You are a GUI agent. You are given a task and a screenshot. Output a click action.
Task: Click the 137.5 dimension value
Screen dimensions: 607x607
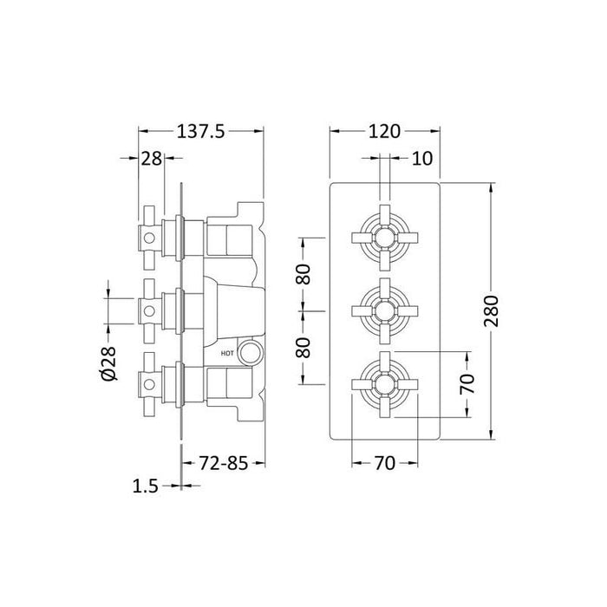201,132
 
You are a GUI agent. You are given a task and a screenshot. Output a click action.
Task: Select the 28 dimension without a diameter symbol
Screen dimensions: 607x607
151,159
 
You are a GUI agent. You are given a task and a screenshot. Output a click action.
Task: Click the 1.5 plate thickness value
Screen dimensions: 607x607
147,486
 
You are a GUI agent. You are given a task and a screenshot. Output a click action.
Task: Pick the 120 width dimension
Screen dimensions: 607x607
384,132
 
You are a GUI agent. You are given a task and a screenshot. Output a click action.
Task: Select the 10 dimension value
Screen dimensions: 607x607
422,159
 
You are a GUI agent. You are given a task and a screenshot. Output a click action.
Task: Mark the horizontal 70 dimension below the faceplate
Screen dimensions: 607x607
383,462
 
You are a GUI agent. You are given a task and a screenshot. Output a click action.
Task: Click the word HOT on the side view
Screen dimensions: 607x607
228,353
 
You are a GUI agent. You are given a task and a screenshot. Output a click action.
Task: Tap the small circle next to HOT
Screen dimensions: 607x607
251,352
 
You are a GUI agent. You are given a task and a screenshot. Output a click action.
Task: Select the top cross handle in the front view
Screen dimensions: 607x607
384,234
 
